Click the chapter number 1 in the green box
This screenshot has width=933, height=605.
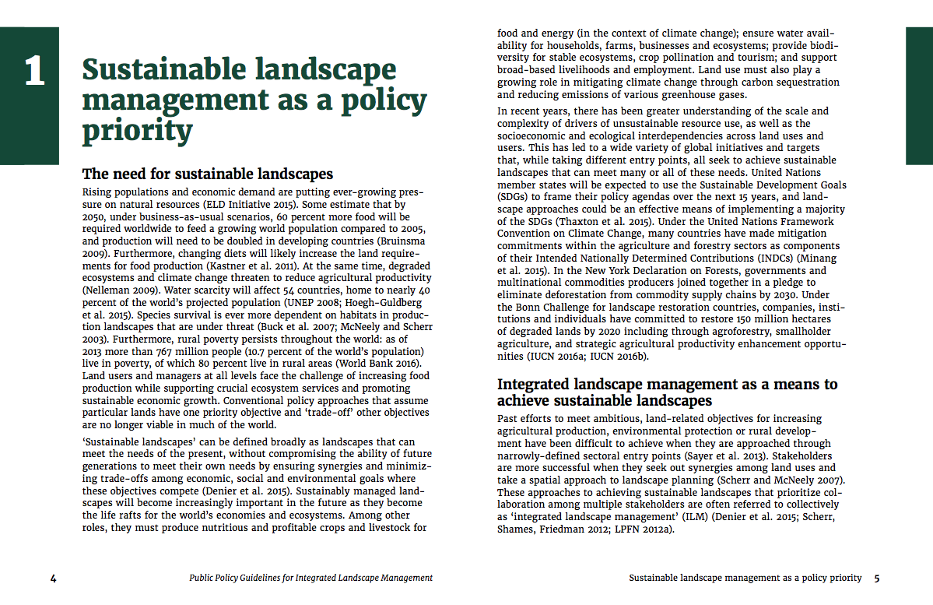[x=34, y=72]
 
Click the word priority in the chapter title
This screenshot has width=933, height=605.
[x=137, y=130]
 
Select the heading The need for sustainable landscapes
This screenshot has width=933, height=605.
[x=208, y=174]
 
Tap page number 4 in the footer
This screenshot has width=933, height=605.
[x=53, y=579]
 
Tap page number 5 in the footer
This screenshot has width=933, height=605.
[x=876, y=579]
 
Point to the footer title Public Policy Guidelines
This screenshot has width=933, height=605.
[x=311, y=579]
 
